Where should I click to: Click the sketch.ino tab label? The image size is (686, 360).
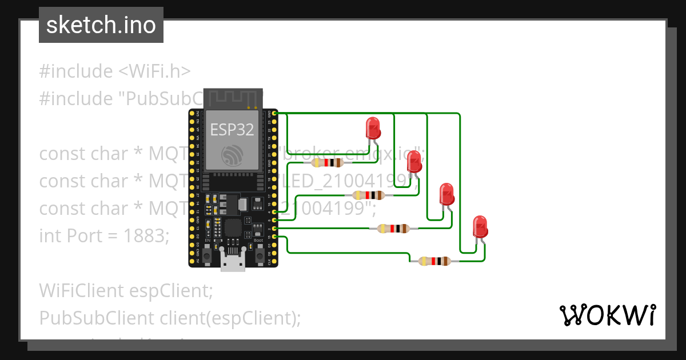tap(101, 25)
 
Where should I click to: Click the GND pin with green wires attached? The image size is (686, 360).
tap(276, 114)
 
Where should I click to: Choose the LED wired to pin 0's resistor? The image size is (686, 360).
tap(414, 164)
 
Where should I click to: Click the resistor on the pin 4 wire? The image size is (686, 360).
tap(327, 162)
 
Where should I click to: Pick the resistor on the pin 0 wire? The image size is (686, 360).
tap(369, 195)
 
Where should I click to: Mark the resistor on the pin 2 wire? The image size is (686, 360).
tap(394, 229)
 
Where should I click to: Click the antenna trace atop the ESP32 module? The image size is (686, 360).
tap(233, 98)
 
